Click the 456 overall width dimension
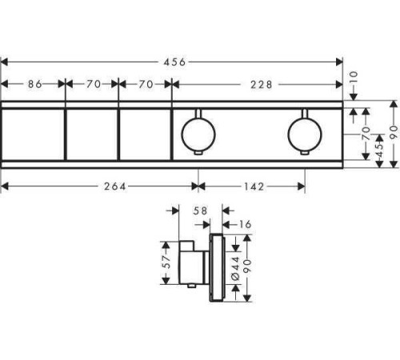(x=174, y=62)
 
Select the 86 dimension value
(x=35, y=84)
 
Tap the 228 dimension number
(x=262, y=85)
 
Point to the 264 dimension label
(x=114, y=186)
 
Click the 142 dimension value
(x=254, y=186)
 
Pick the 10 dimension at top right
(x=354, y=78)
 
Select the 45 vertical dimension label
(x=379, y=150)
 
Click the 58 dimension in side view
(x=200, y=211)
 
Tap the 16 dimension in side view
(x=245, y=225)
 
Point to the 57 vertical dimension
(x=166, y=262)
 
